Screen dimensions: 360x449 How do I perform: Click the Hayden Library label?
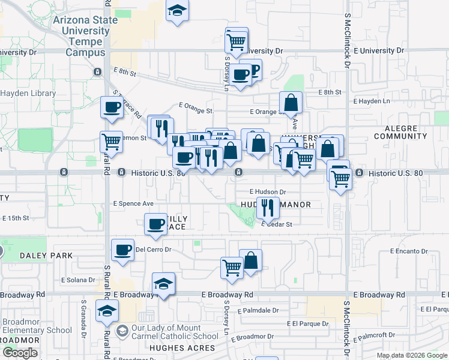point(28,93)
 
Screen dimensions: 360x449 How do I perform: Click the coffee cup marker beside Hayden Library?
point(112,107)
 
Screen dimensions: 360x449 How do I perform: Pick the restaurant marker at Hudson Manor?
point(268,208)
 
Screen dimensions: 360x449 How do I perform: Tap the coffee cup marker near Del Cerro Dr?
point(123,250)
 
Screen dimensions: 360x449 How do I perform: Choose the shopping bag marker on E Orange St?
point(291,103)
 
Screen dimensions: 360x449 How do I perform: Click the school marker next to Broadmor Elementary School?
point(107,311)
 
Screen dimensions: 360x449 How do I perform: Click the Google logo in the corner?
point(20,353)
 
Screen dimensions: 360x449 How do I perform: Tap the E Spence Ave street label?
point(133,203)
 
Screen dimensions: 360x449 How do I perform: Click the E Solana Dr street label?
point(78,280)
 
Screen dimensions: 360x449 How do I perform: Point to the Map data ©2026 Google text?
point(412,355)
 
